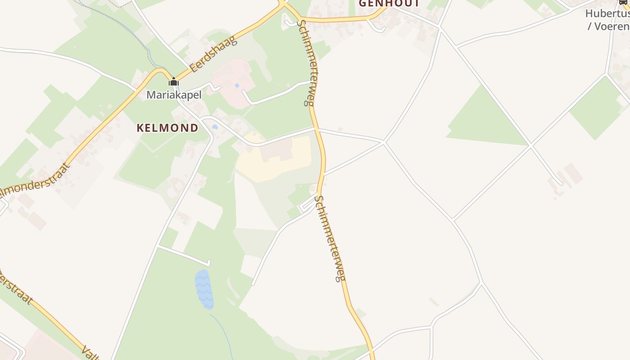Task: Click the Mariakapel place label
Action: [174, 95]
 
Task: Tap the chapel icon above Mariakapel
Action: [174, 82]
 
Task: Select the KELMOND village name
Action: [167, 128]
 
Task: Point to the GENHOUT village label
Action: [389, 4]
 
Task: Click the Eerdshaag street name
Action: [213, 55]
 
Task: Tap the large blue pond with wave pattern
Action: [204, 289]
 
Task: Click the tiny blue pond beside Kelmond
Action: [215, 127]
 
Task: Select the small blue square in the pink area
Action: [237, 85]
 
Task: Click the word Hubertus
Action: [607, 13]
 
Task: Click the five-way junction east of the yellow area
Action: [384, 142]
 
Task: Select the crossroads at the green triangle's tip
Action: [531, 145]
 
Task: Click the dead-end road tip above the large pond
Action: [209, 263]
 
